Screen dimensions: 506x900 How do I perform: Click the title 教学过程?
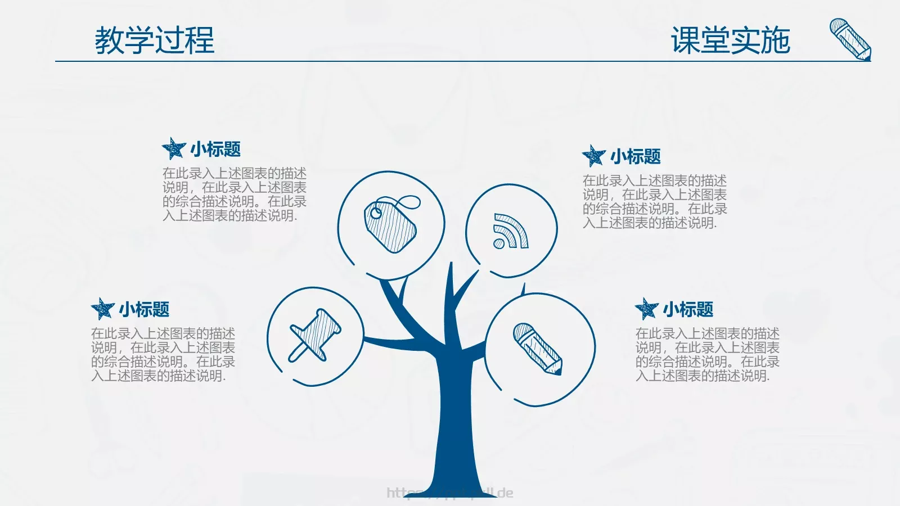[155, 40]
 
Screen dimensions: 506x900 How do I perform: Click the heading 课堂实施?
[730, 40]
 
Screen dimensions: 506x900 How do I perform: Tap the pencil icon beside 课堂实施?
[851, 39]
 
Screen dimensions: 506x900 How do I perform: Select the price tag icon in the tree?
[391, 224]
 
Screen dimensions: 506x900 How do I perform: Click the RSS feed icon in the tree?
[510, 231]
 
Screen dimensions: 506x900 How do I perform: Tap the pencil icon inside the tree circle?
[538, 349]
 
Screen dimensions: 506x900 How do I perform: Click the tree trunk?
[457, 427]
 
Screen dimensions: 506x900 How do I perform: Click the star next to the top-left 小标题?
[174, 149]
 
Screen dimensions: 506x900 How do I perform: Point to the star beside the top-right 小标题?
[594, 156]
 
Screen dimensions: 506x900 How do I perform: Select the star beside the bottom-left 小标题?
[102, 309]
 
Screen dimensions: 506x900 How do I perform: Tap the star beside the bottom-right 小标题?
[646, 309]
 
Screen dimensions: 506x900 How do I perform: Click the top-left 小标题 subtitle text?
[215, 150]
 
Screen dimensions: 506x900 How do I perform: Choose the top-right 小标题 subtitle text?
[636, 156]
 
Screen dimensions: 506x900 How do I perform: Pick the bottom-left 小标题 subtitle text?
[144, 309]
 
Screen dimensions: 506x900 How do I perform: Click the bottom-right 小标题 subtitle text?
[688, 309]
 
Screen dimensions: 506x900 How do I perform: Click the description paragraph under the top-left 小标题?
[235, 195]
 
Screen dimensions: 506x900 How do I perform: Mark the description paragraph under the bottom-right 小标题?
[707, 355]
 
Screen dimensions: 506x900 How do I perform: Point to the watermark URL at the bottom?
[450, 493]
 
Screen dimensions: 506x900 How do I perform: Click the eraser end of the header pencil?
[839, 26]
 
